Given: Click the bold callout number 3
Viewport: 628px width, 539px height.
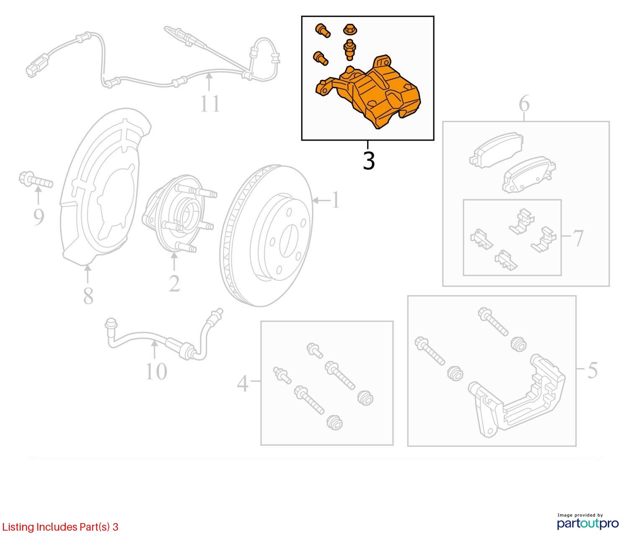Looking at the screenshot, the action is point(369,161).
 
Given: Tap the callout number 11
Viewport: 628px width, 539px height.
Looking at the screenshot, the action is point(210,103).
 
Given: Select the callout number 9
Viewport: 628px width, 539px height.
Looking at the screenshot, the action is point(39,217).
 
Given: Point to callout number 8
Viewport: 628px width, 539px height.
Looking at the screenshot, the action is point(88,296).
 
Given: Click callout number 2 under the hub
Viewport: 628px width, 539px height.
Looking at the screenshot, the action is point(175,284).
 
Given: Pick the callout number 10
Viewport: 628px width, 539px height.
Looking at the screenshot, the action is point(156,371).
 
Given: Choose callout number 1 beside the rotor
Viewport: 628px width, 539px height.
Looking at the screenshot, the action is point(335,200).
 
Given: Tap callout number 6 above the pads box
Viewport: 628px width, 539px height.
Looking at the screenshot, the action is point(524,103).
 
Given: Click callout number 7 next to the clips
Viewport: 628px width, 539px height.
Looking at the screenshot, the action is point(578,238).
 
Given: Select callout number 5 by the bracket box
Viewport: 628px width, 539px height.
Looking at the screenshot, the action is point(592,370).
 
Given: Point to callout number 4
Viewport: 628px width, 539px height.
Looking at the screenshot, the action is point(242,384).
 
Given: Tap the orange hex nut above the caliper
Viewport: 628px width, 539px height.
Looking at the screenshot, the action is point(350,30).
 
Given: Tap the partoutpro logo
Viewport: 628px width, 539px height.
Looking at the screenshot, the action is point(587,523).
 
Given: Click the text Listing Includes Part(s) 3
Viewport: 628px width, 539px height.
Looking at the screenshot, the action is point(60,527).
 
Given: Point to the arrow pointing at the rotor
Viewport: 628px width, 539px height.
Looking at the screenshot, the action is point(321,200).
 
